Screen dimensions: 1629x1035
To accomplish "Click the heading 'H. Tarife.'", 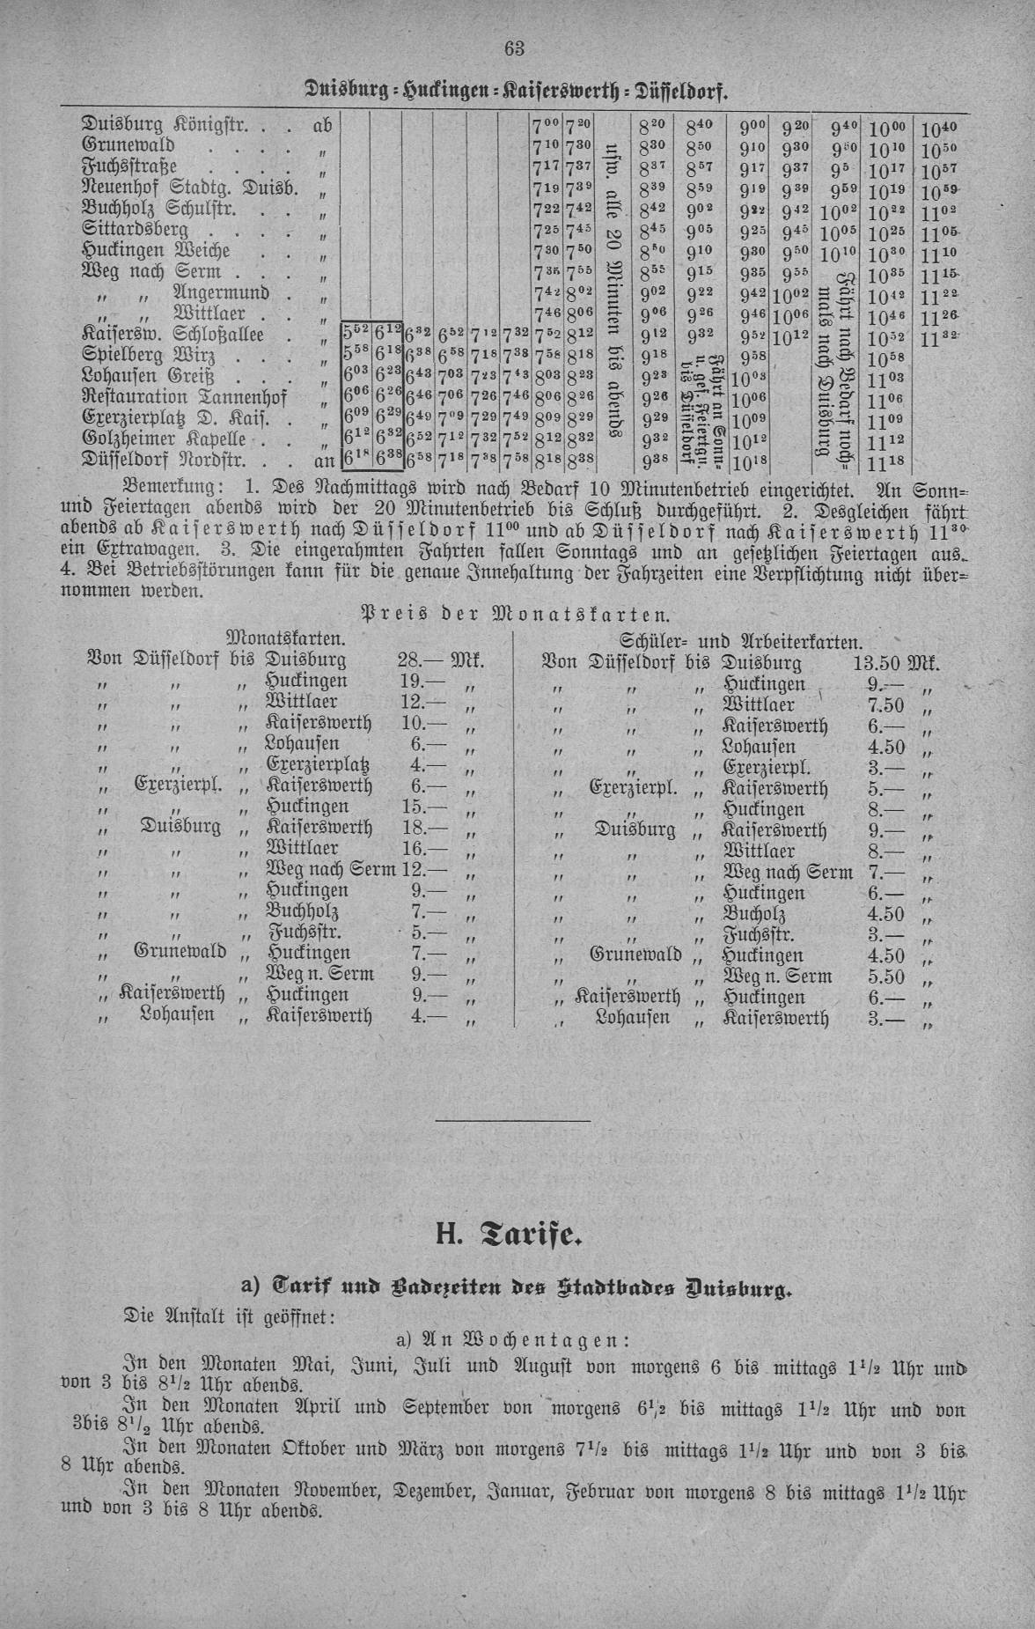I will pos(509,1235).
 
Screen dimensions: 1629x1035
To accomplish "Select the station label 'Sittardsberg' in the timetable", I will pos(135,230).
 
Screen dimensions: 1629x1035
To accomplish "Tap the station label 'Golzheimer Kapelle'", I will pos(163,438).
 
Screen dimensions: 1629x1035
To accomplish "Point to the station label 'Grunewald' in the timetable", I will pos(128,145).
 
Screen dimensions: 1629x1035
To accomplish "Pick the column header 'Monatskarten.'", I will pos(284,637).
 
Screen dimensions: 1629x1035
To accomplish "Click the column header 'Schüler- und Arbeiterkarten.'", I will pos(741,641).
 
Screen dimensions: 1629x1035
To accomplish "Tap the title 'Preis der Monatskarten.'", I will pos(517,613).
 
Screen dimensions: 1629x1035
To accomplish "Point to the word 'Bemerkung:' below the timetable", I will pos(173,486).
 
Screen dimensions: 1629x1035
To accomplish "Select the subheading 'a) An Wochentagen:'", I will pos(512,1339).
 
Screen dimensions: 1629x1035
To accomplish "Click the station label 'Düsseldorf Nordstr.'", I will pos(165,459).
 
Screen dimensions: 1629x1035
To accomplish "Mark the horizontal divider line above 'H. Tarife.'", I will pos(513,1121).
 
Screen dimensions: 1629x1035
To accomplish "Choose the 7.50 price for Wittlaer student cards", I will pos(885,705).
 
